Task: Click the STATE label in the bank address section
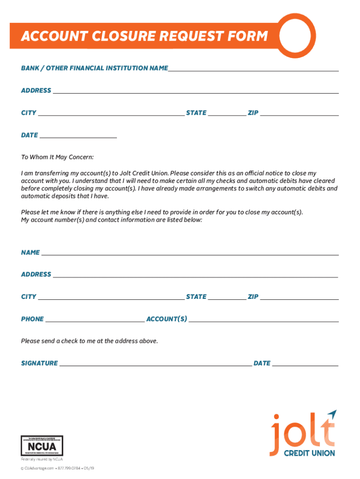pyautogui.click(x=196, y=113)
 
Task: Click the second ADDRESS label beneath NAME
pyautogui.click(x=36, y=274)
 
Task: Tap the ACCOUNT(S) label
pyautogui.click(x=166, y=319)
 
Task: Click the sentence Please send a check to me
pyautogui.click(x=89, y=341)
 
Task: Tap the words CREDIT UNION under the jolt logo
pyautogui.click(x=310, y=453)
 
